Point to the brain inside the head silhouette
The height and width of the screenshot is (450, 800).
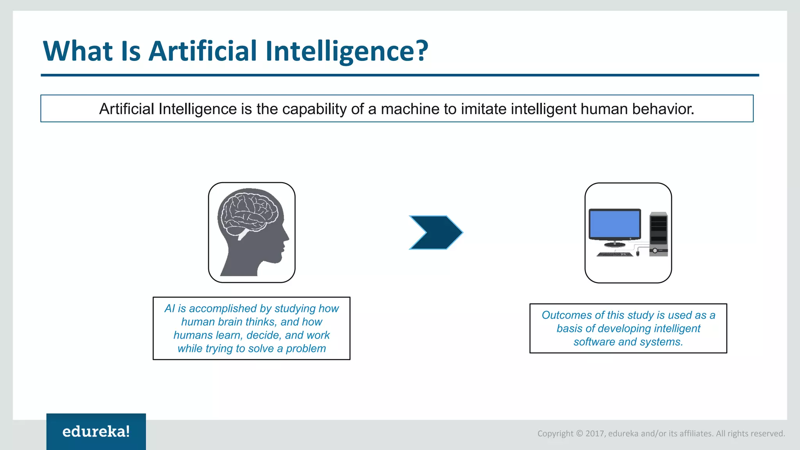(249, 213)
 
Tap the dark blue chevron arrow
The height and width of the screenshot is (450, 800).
(436, 232)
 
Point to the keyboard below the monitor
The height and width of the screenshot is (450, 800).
(614, 255)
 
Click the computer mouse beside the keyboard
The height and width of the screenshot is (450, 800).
(638, 254)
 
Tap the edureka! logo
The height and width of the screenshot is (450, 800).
(96, 432)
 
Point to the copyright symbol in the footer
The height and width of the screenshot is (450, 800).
(579, 434)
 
